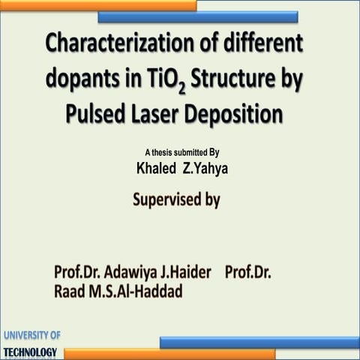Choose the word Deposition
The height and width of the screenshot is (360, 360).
point(239,115)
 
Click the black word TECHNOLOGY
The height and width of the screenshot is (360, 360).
point(30,352)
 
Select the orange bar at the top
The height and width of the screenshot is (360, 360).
point(97,5)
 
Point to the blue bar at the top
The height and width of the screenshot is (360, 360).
point(198,16)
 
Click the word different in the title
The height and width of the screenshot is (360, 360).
point(263,43)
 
